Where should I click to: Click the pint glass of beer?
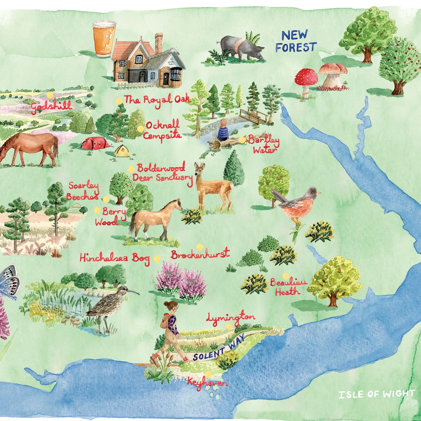click(x=104, y=39)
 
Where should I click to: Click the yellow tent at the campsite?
click(x=122, y=151)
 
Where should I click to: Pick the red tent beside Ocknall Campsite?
click(x=95, y=143)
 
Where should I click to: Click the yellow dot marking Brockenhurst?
click(x=199, y=246)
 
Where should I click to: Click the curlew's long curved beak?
click(x=133, y=291)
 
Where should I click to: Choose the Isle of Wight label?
click(x=376, y=394)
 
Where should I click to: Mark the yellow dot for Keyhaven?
click(x=208, y=374)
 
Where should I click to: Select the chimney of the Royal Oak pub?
click(x=159, y=43)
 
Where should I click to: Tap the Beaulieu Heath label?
click(x=288, y=287)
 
